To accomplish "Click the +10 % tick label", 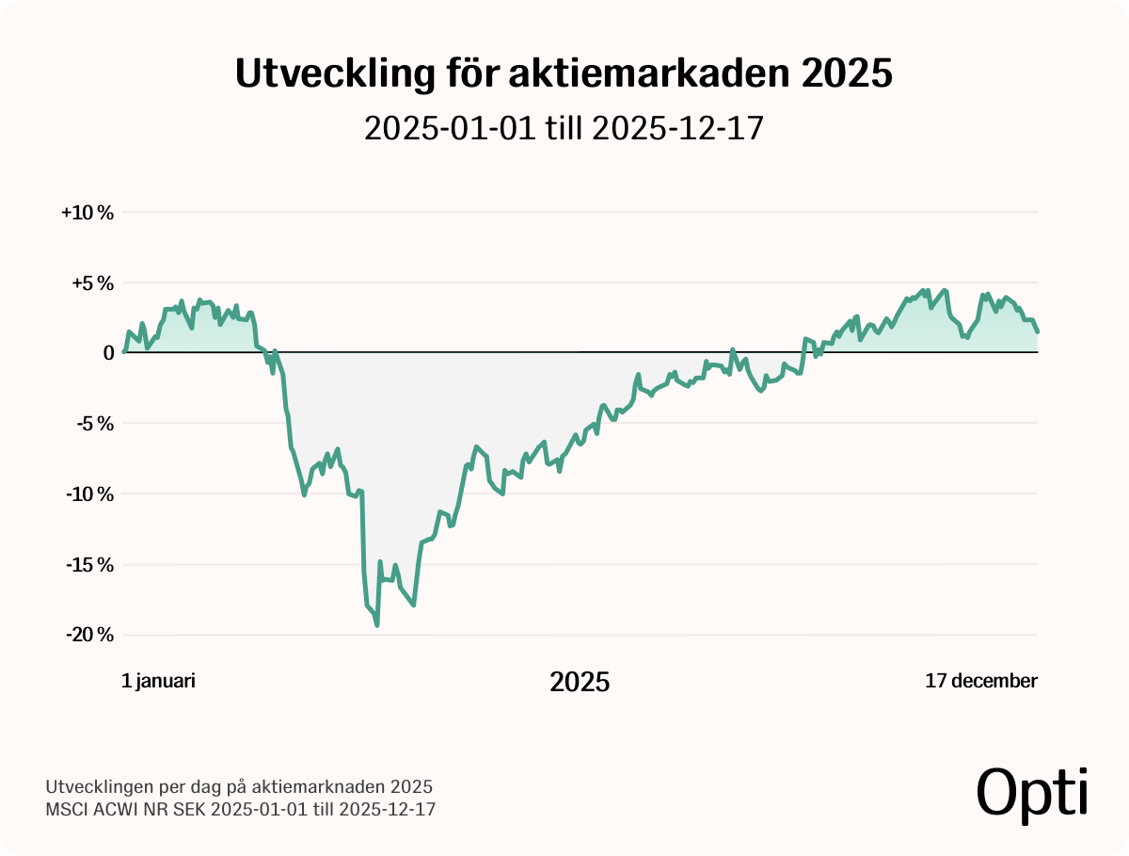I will tap(87, 213).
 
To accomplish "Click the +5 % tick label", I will tap(90, 283).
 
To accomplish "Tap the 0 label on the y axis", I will tap(108, 353).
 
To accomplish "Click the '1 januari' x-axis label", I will tap(159, 681).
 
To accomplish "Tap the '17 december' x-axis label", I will tap(981, 681).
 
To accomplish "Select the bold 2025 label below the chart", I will tap(580, 682).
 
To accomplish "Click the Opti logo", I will tap(1032, 793).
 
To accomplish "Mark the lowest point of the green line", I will tap(377, 624).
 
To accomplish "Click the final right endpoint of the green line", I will tap(1038, 331).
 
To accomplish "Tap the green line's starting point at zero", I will tap(124, 352).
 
